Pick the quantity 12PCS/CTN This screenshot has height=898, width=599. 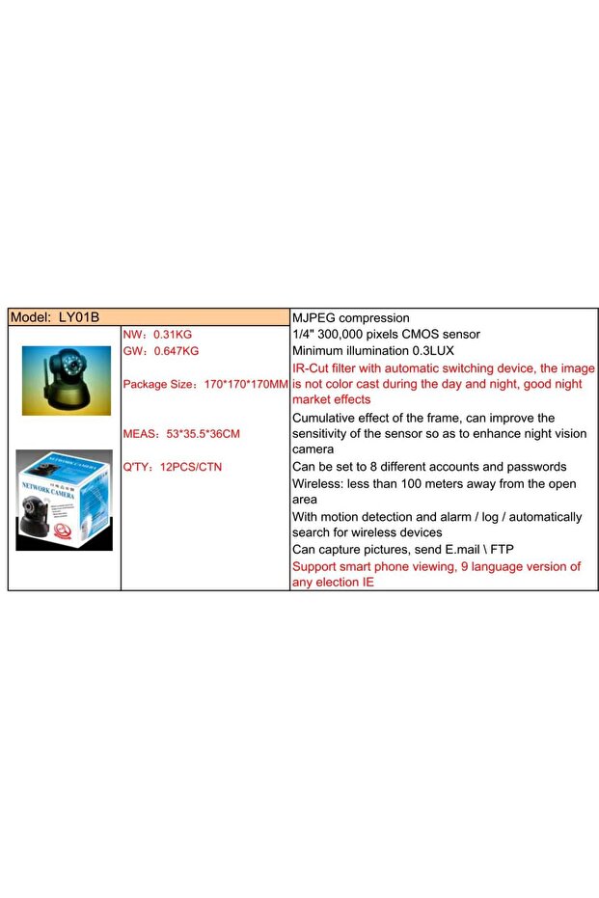(x=191, y=468)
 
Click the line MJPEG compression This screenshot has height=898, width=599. (x=350, y=318)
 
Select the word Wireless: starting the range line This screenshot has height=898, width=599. (x=317, y=484)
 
